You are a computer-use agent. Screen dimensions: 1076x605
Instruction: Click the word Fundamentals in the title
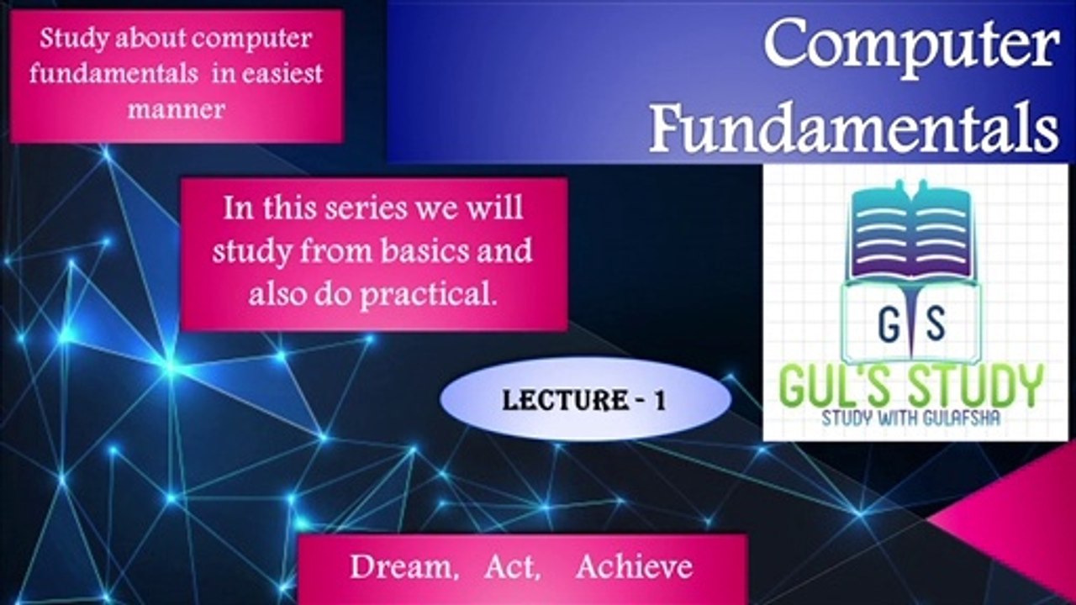854,127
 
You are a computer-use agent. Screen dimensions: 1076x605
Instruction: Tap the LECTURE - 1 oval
586,399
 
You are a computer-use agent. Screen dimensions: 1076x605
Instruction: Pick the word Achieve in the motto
635,566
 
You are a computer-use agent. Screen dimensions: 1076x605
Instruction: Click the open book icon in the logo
910,231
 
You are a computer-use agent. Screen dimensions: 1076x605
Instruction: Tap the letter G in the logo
889,324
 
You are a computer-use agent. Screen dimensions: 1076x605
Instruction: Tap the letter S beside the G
934,324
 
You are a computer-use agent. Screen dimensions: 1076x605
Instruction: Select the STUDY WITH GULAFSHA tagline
910,418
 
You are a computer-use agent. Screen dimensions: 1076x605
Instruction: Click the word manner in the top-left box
177,109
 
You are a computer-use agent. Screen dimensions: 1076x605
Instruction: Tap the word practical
428,293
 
